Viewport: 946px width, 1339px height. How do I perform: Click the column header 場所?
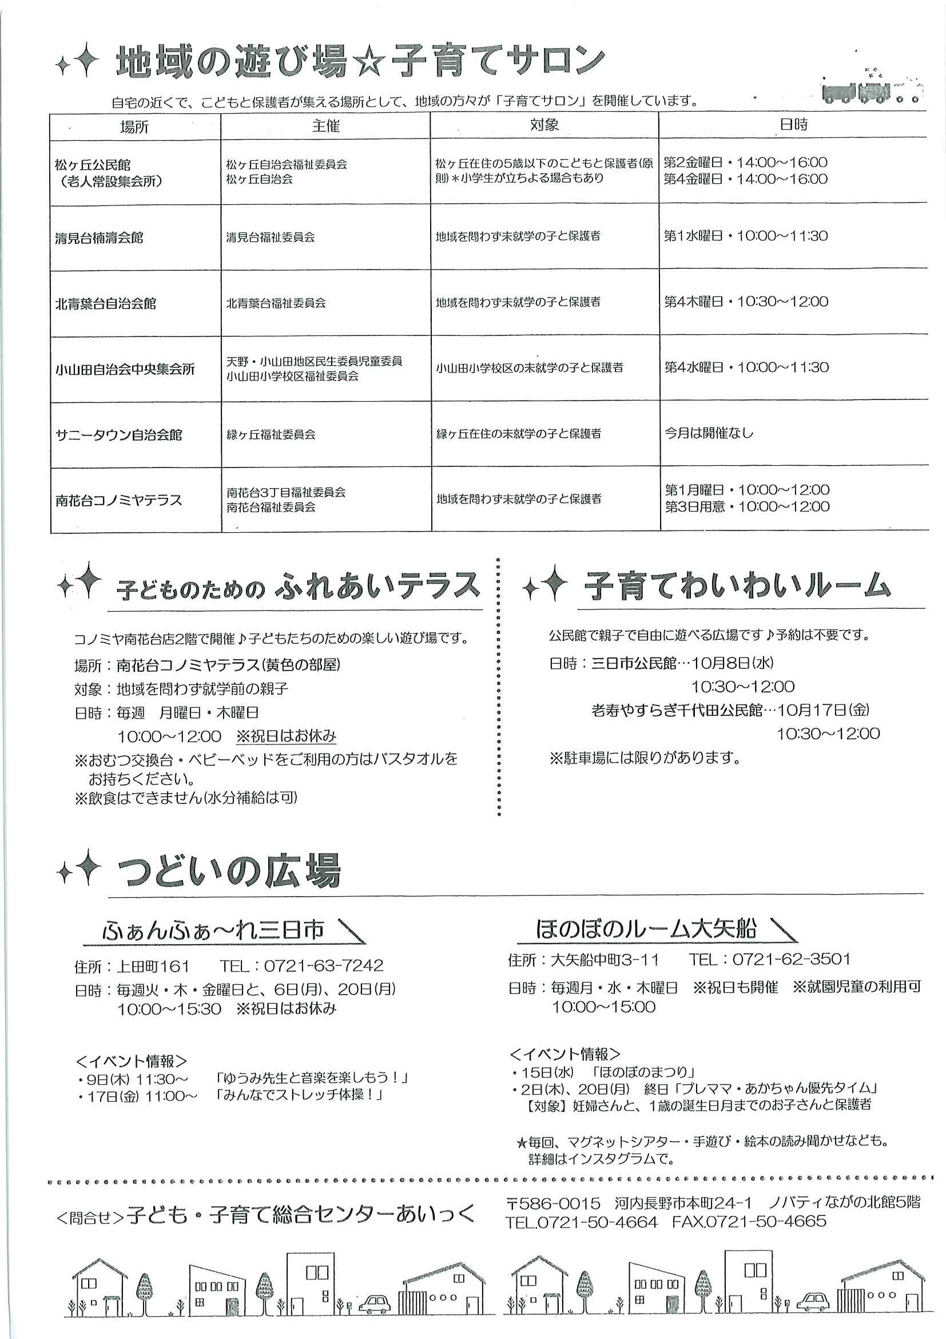pos(134,126)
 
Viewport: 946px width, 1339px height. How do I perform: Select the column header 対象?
pos(544,125)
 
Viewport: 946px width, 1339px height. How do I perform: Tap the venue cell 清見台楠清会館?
pos(99,238)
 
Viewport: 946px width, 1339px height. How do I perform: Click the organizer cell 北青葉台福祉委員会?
pos(276,303)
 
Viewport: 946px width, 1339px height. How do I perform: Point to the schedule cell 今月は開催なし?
pos(709,433)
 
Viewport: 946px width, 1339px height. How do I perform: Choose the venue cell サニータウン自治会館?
pos(119,435)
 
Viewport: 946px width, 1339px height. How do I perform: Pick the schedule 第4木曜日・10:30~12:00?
pos(746,302)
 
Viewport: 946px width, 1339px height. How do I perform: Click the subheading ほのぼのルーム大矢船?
pos(646,929)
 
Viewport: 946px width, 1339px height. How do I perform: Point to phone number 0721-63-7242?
pos(324,965)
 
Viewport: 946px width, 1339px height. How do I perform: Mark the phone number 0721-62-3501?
pos(791,959)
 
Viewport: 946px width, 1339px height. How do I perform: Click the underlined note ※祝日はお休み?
pos(286,736)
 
